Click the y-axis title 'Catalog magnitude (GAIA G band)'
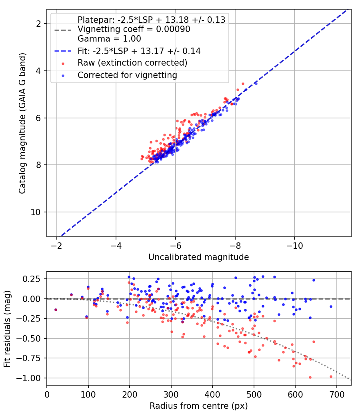[22, 123]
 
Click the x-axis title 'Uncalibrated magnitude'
[199, 257]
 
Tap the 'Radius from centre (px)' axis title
[199, 406]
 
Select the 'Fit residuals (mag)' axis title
[7, 329]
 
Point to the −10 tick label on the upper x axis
[294, 246]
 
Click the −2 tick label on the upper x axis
[56, 246]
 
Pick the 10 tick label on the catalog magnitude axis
[36, 212]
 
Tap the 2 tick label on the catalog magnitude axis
[38, 24]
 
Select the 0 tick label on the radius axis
[47, 394]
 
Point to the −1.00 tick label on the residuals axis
[29, 378]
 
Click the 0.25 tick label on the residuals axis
[32, 279]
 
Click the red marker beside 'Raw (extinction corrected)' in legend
[63, 64]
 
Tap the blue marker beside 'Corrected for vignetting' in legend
[63, 76]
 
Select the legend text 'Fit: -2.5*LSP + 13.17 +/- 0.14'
[139, 51]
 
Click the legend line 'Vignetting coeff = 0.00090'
[134, 29]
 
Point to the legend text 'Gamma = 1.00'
[109, 38]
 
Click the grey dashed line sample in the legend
[63, 30]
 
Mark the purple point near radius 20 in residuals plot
[56, 310]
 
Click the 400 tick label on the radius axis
[212, 394]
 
